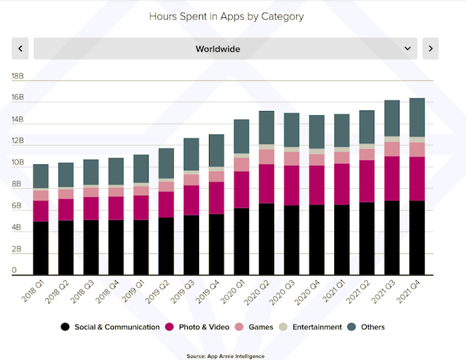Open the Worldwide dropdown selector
pyautogui.click(x=225, y=49)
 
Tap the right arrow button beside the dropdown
pyautogui.click(x=430, y=49)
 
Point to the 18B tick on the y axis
pyautogui.click(x=17, y=76)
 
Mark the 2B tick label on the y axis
pyautogui.click(x=17, y=250)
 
